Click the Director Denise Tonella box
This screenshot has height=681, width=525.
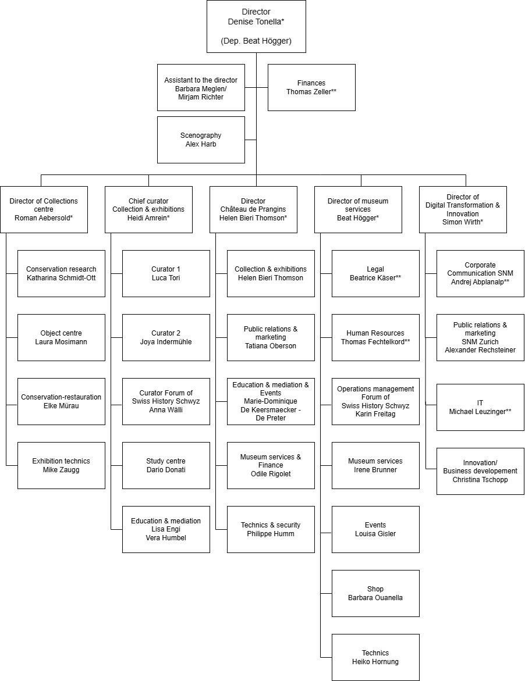256,26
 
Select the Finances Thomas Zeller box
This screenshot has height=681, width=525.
311,87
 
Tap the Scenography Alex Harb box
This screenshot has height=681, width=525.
201,140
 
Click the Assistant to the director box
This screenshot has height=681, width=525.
201,87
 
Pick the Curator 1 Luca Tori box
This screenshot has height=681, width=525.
166,273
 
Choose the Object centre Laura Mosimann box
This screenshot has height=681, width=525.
61,337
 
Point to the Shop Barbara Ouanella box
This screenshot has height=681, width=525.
375,593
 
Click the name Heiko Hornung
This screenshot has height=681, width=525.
375,661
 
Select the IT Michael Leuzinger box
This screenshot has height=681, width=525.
480,407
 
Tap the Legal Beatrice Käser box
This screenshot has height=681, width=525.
375,273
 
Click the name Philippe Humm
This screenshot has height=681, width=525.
271,533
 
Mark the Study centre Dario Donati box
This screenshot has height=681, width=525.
166,465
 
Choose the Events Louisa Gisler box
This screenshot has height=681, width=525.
375,529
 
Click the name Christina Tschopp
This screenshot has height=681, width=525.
480,479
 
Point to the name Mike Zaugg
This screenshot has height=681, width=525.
61,469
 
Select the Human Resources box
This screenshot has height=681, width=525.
375,337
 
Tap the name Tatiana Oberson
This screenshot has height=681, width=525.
271,346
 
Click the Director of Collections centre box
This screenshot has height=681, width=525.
44,209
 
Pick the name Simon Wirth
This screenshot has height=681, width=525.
463,222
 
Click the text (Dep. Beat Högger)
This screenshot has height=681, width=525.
256,41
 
